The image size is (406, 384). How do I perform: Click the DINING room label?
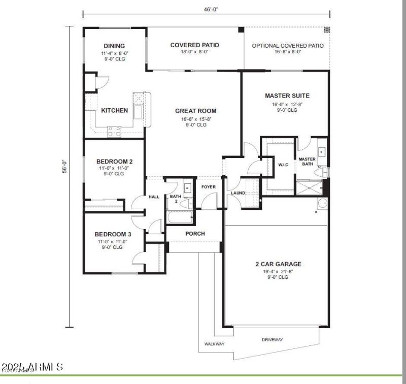tap(114, 46)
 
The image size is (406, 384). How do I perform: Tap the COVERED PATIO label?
tap(194, 45)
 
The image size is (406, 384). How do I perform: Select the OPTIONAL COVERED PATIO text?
tap(287, 46)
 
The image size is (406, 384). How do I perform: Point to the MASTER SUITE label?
tap(287, 95)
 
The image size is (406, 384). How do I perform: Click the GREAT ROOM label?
tap(195, 111)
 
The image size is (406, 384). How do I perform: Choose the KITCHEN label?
tap(114, 110)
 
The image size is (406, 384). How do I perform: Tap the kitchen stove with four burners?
tap(114, 132)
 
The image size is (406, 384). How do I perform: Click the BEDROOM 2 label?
tap(114, 162)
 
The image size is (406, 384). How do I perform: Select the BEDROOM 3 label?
tap(113, 234)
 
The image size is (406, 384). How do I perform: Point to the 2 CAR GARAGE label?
tap(278, 264)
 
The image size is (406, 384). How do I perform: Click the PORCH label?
tap(195, 234)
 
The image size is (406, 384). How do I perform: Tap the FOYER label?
tap(208, 187)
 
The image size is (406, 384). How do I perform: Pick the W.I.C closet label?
tap(283, 165)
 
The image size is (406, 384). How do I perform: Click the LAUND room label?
tap(238, 193)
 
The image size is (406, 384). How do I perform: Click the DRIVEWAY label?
tap(272, 339)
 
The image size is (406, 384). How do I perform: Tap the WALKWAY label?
tap(214, 344)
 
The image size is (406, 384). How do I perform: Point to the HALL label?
tap(154, 197)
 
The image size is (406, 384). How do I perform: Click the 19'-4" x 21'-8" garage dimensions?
tap(278, 271)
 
